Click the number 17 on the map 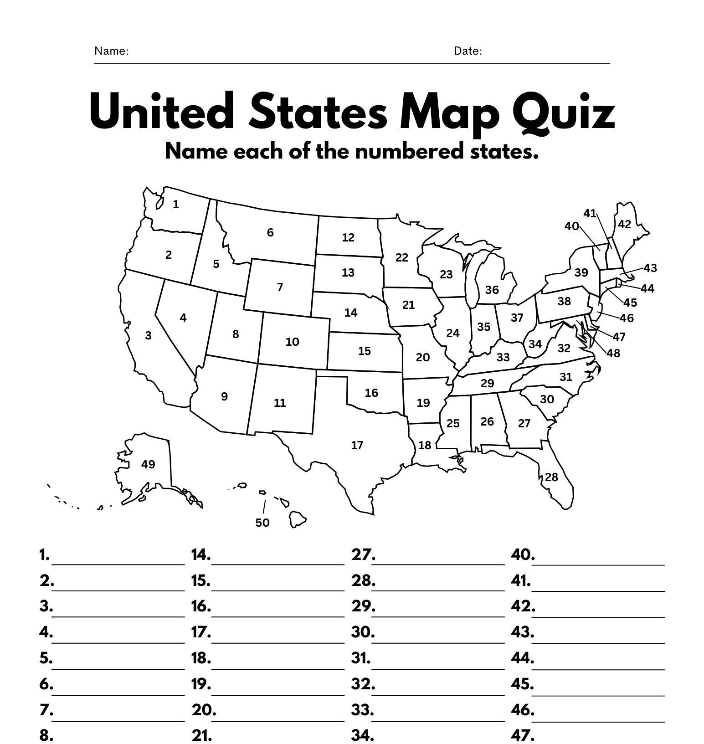357,445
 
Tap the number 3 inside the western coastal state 148,336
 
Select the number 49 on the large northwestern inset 148,464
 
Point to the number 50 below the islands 262,523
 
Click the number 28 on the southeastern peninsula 551,477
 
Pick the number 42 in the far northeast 624,224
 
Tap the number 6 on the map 270,233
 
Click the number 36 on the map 492,290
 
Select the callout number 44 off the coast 647,288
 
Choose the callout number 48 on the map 613,353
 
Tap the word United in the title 162,112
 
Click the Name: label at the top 111,51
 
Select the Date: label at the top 468,51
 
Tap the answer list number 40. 523,555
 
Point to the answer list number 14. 200,555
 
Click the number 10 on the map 292,342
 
